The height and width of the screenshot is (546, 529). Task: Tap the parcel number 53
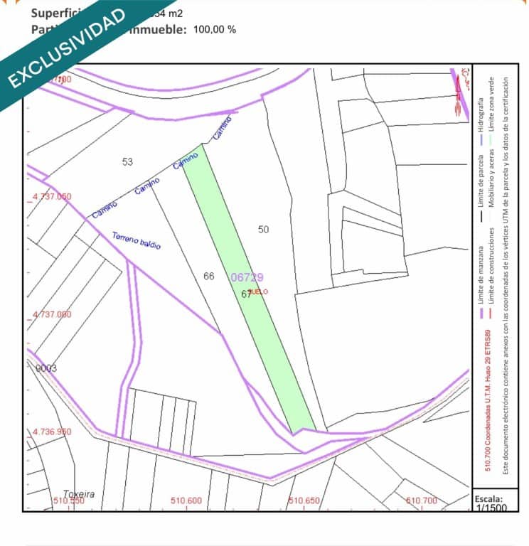[x=127, y=162]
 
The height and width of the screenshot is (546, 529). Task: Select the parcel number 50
[x=264, y=229]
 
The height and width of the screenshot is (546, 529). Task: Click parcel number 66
[x=208, y=276]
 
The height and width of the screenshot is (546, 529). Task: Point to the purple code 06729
[x=247, y=277]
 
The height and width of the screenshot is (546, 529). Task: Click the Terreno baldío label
[x=137, y=241]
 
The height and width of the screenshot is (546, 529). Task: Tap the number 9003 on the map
[x=46, y=368]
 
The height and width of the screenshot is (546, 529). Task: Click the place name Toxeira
[x=79, y=494]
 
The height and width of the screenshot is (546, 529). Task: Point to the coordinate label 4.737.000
[x=53, y=314]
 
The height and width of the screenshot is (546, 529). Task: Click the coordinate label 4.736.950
[x=53, y=432]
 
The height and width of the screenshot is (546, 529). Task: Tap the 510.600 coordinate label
[x=186, y=501]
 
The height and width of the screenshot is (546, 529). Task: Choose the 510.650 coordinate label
[x=304, y=501]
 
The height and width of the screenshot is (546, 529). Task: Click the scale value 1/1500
[x=491, y=508]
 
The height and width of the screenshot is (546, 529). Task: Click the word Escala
[x=490, y=498]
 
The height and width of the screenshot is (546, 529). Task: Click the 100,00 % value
[x=215, y=29]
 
